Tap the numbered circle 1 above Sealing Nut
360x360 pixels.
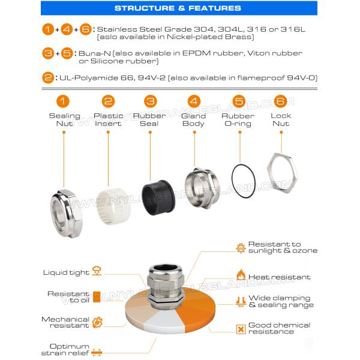[64, 101]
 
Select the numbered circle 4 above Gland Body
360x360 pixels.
[193, 101]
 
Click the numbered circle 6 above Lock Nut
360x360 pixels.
[280, 101]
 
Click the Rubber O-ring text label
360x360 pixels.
[238, 120]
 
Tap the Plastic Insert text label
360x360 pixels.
[108, 120]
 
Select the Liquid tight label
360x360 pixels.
[66, 272]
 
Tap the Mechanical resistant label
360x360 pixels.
[65, 323]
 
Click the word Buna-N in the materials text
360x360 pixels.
[93, 53]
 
